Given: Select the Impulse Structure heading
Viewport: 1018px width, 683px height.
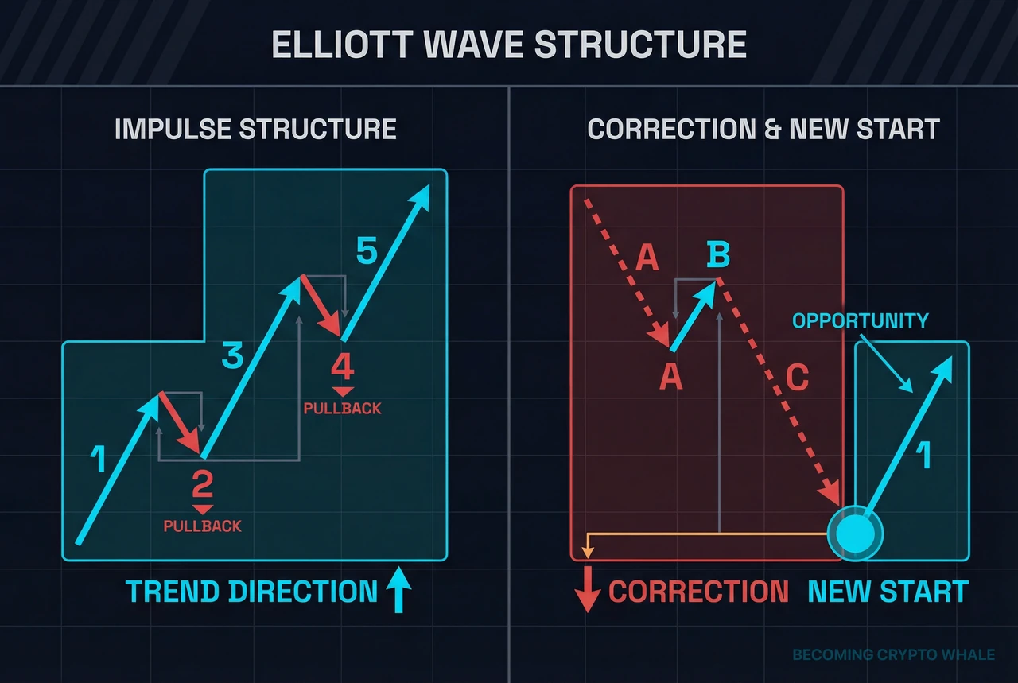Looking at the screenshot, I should click(x=255, y=129).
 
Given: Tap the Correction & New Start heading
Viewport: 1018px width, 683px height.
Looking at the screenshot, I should click(x=763, y=129).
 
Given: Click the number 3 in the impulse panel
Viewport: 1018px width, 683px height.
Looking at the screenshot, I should click(x=231, y=357).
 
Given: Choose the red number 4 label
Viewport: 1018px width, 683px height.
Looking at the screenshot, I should click(x=343, y=368).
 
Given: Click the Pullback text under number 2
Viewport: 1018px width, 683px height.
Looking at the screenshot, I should click(x=202, y=526).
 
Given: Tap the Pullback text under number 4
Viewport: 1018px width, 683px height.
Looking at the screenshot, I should click(x=343, y=409).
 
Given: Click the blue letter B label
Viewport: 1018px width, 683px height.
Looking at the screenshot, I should click(x=717, y=256).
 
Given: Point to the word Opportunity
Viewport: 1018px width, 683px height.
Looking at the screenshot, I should click(x=860, y=321).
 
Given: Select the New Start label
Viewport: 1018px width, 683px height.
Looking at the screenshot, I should click(x=888, y=592).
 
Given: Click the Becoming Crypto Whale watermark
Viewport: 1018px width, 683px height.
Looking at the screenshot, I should click(x=893, y=655).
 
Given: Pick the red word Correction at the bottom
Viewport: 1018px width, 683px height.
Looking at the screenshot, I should click(x=698, y=592).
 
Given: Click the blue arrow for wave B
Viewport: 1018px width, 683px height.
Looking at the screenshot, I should click(x=694, y=316).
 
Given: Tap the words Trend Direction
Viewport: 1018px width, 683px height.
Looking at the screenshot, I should click(x=251, y=592).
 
